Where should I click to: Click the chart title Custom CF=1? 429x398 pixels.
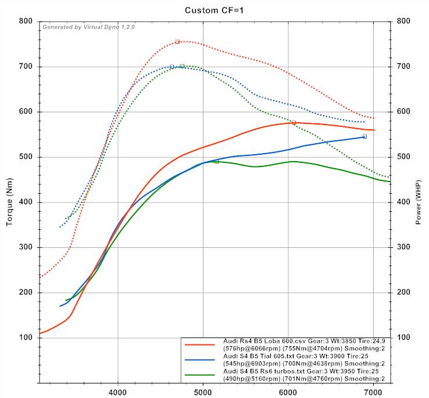click(x=214, y=10)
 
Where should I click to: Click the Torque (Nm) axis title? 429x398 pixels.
click(x=10, y=202)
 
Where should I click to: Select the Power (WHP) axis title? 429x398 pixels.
click(x=419, y=202)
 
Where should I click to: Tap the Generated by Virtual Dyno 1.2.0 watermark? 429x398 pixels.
click(x=88, y=27)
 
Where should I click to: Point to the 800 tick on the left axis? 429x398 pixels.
click(x=24, y=22)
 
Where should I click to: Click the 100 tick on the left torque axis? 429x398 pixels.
click(x=24, y=338)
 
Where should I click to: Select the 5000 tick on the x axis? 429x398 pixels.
click(x=203, y=392)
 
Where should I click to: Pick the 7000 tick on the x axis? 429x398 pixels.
click(x=373, y=392)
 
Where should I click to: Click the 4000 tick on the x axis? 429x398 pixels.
click(x=118, y=392)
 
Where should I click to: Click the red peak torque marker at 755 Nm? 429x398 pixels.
click(x=177, y=41)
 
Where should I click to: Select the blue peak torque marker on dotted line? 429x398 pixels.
click(x=171, y=66)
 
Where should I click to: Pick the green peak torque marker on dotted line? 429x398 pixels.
click(x=182, y=66)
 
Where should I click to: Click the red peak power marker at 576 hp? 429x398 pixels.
click(x=294, y=122)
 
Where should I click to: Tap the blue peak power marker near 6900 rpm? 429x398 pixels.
click(x=364, y=136)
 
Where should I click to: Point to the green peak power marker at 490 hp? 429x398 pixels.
click(x=216, y=161)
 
